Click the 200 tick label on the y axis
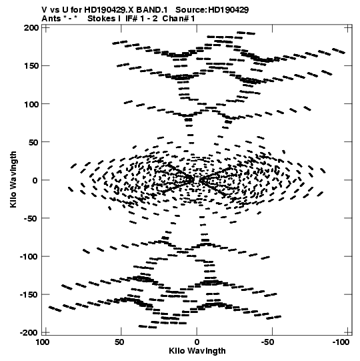tap(31, 28)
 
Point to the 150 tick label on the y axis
tap(31, 66)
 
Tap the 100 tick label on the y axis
tap(31, 104)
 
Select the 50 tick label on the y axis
tap(33, 142)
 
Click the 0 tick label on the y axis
tap(35, 180)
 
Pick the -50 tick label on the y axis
tap(31, 218)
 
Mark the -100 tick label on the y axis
tap(29, 256)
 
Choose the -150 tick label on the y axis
tap(29, 295)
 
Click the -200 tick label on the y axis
tap(29, 333)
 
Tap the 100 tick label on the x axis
tap(43, 342)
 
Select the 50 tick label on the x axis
tap(119, 342)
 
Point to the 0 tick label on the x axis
tap(197, 342)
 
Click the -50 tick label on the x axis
tap(267, 342)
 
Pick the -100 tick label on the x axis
tap(341, 342)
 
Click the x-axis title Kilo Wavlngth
tap(197, 351)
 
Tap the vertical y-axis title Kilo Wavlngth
tap(13, 179)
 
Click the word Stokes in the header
tap(102, 19)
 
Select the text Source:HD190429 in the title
tap(212, 10)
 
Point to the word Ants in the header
tap(51, 19)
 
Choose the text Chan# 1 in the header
tap(179, 19)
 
